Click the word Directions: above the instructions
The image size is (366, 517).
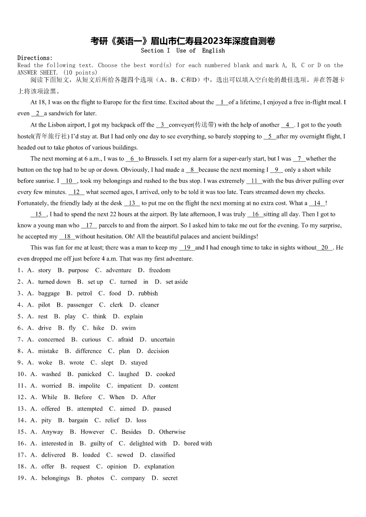[x=35, y=58]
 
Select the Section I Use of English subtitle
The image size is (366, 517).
[x=183, y=51]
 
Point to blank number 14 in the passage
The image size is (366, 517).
[x=317, y=203]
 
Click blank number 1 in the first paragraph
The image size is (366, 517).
[x=222, y=102]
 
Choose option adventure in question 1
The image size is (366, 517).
[x=118, y=270]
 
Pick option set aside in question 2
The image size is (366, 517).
[x=177, y=282]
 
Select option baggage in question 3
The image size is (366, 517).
[x=49, y=293]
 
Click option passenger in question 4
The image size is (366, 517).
[x=80, y=305]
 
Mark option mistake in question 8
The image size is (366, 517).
[x=48, y=351]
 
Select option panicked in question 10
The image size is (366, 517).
[x=89, y=374]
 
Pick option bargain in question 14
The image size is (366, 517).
[x=78, y=420]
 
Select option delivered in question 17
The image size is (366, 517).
[x=53, y=455]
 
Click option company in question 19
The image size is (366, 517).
[x=133, y=478]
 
